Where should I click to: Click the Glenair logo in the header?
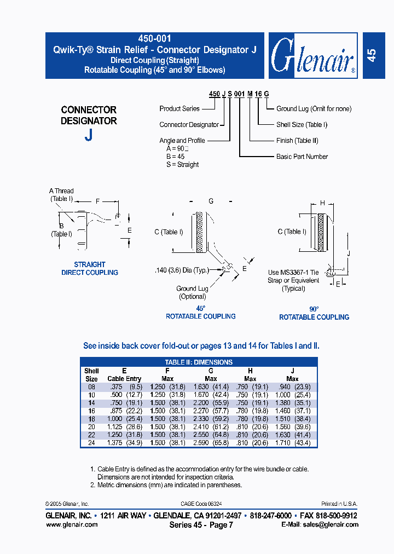coord(313,56)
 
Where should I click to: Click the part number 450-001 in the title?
coord(155,39)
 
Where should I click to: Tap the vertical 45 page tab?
coord(372,56)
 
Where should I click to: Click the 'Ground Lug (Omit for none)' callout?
coord(314,109)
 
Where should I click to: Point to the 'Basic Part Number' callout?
coord(302,157)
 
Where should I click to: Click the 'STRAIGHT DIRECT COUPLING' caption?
coord(90,269)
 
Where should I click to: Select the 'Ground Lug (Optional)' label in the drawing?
coord(192,292)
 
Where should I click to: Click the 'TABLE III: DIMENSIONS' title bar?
coord(199,362)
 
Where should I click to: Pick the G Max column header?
coord(211,374)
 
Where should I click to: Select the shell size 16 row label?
coord(91,410)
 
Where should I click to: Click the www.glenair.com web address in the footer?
coord(72,524)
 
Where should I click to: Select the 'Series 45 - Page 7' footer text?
coord(201,524)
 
